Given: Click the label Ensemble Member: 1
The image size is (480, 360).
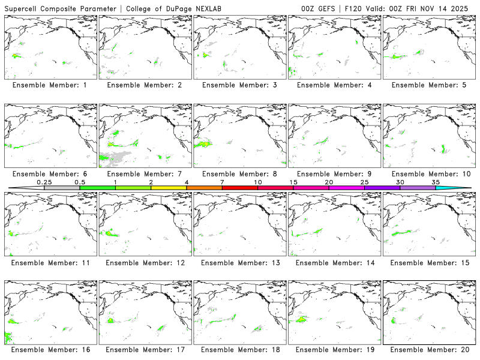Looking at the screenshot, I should pyautogui.click(x=50, y=85).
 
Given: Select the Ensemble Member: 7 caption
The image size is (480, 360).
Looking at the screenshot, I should pyautogui.click(x=144, y=174).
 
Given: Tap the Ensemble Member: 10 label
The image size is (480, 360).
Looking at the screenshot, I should pyautogui.click(x=427, y=174).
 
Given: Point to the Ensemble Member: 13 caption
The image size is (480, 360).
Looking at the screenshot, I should pyautogui.click(x=239, y=263).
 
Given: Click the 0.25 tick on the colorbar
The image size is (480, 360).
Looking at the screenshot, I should pyautogui.click(x=44, y=182).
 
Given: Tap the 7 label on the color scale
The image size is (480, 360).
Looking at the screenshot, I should pyautogui.click(x=222, y=182).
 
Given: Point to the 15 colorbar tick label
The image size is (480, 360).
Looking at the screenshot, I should pyautogui.click(x=293, y=182).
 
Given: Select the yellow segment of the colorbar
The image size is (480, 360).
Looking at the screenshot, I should pyautogui.click(x=169, y=188).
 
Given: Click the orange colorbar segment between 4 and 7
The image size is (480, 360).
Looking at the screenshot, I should pyautogui.click(x=204, y=188).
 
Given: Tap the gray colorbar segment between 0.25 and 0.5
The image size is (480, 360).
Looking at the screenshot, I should pyautogui.click(x=62, y=188).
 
